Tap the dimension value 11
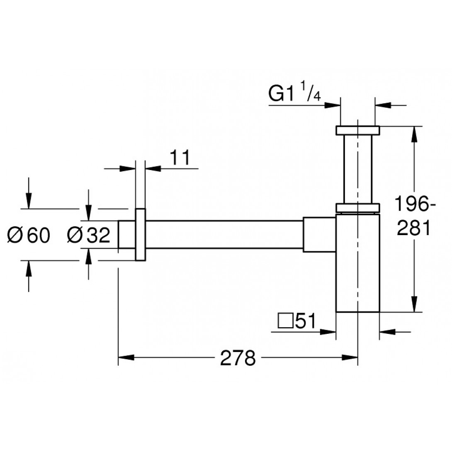coord(180,158)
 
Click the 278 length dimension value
coord(238,358)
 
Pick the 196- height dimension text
coord(413,204)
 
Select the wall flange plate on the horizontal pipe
coord(141,234)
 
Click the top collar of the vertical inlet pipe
coord(357,130)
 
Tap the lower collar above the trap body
coord(357,207)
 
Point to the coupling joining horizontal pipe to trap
coord(319,234)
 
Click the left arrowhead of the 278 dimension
coord(124,357)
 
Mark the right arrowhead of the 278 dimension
coord(352,357)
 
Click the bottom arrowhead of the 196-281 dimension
coord(414,306)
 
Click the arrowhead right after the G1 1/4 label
coord(335,105)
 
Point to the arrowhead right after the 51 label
coord(330,331)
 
